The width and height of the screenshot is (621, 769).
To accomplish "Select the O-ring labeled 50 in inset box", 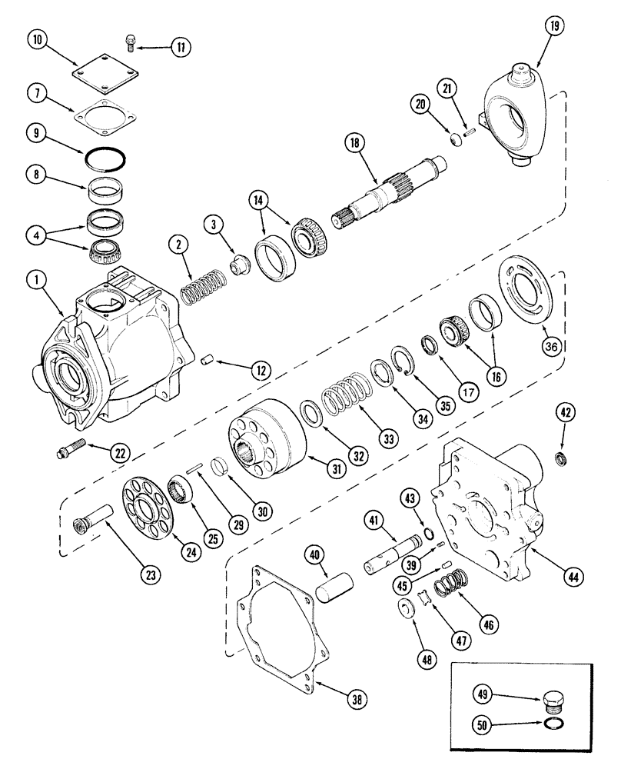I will [553, 725].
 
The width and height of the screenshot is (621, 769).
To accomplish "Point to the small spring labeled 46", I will [447, 590].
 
